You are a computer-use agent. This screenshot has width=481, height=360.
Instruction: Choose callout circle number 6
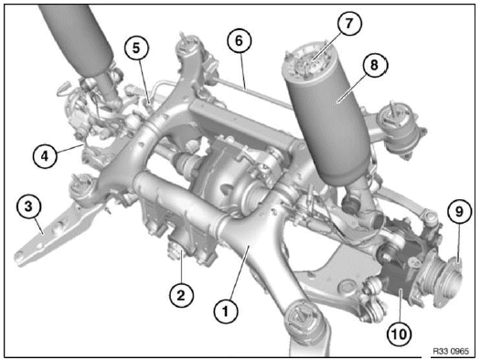[238, 40]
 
